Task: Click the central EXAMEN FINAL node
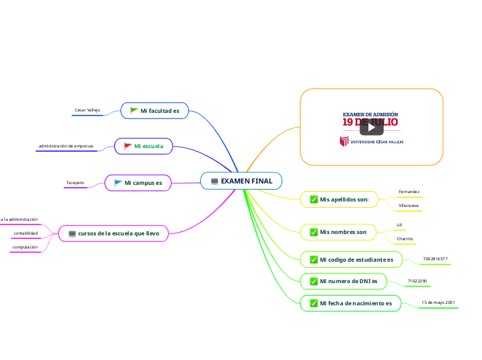pyautogui.click(x=241, y=181)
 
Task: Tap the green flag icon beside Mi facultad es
pyautogui.click(x=134, y=110)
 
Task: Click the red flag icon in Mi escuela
pyautogui.click(x=127, y=146)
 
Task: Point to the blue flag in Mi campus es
pyautogui.click(x=118, y=183)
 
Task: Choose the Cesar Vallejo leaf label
pyautogui.click(x=87, y=110)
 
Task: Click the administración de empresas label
pyautogui.click(x=66, y=146)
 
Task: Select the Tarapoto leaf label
pyautogui.click(x=75, y=183)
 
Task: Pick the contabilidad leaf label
pyautogui.click(x=26, y=233)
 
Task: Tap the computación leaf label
pyautogui.click(x=24, y=246)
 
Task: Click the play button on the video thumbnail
pyautogui.click(x=371, y=127)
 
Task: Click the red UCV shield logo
pyautogui.click(x=343, y=141)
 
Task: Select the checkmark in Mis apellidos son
pyautogui.click(x=314, y=200)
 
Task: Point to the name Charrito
pyautogui.click(x=404, y=238)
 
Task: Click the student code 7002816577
pyautogui.click(x=435, y=259)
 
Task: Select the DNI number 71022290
pyautogui.click(x=418, y=281)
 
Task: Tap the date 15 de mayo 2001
pyautogui.click(x=438, y=303)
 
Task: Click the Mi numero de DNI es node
pyautogui.click(x=344, y=281)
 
